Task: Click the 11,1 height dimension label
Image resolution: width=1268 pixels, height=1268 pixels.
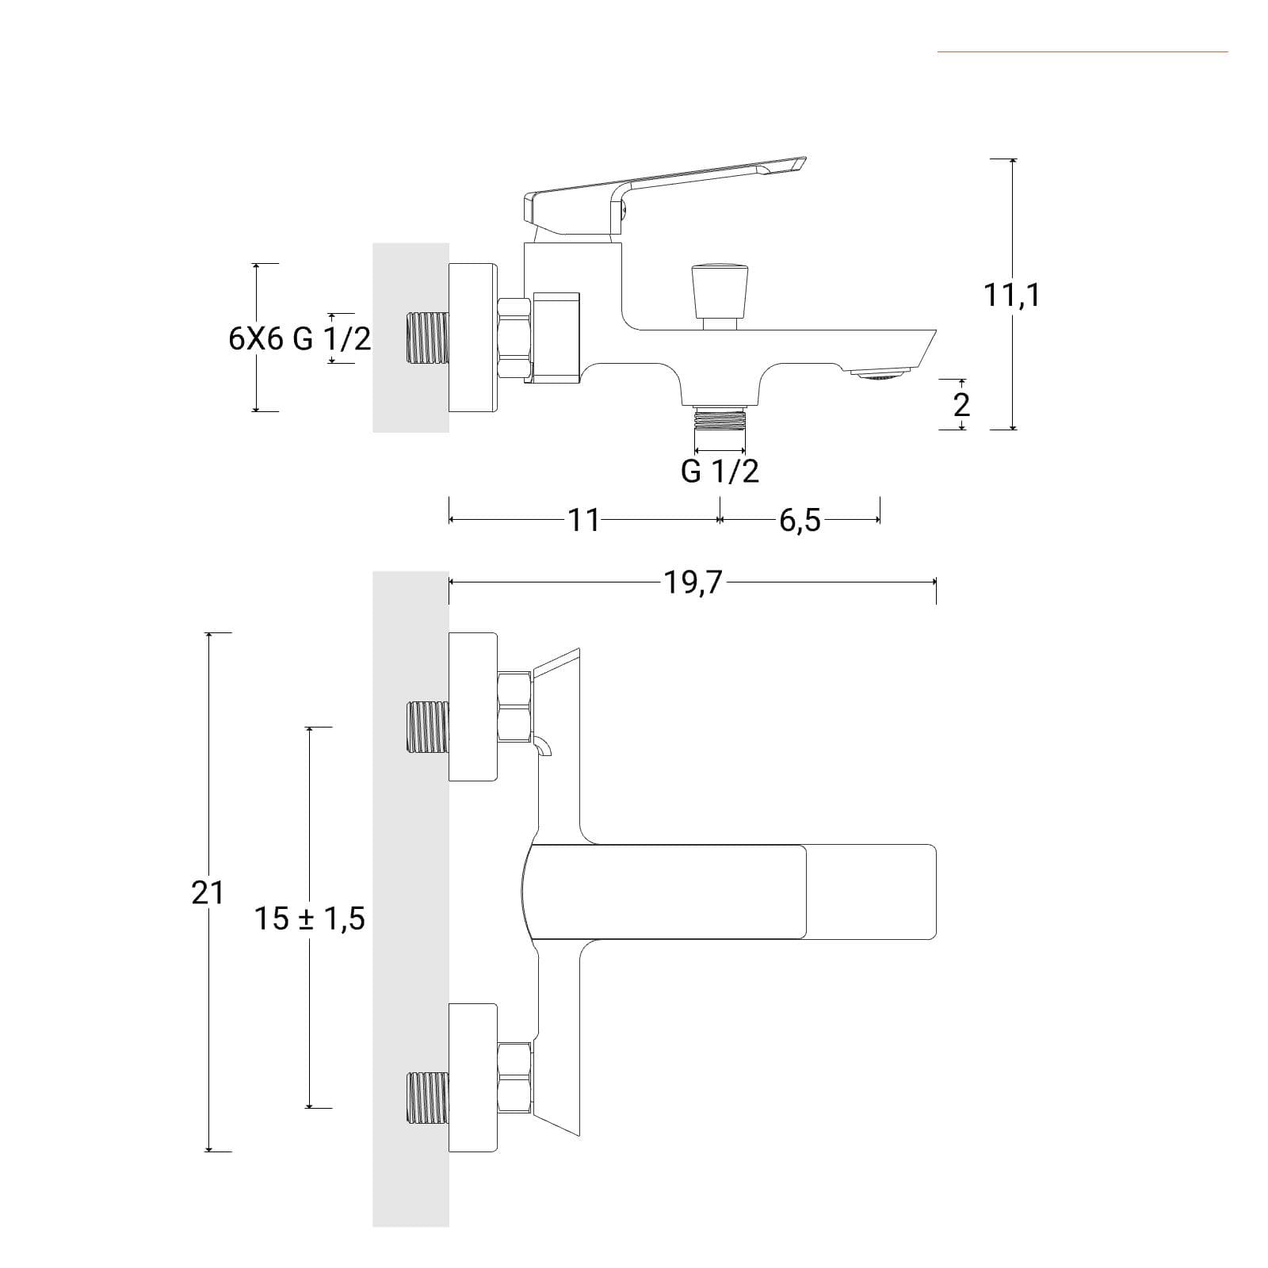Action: point(1012,296)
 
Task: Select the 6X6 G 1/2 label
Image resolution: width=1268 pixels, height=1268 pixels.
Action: point(300,339)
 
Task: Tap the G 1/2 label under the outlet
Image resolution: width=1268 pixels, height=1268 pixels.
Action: point(720,472)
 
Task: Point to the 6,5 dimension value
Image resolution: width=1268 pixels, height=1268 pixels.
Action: point(800,521)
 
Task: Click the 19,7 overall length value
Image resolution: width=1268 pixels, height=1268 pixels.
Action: point(693,582)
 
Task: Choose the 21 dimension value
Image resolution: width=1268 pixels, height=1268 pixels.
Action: point(208,893)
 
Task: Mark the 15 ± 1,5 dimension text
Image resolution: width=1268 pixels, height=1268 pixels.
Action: point(309,919)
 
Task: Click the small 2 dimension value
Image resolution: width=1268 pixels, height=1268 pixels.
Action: point(961,406)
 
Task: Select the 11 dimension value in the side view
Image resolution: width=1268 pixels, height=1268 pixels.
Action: point(584,521)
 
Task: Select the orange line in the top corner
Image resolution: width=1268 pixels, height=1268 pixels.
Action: point(1083,52)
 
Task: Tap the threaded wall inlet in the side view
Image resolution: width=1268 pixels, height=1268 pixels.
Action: point(427,338)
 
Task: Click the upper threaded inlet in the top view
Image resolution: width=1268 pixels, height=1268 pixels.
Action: point(427,727)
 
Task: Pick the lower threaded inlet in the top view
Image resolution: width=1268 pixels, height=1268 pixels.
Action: point(427,1098)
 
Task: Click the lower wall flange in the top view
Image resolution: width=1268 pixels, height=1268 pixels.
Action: point(473,1076)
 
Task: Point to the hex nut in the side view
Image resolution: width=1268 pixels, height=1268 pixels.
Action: point(514,338)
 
